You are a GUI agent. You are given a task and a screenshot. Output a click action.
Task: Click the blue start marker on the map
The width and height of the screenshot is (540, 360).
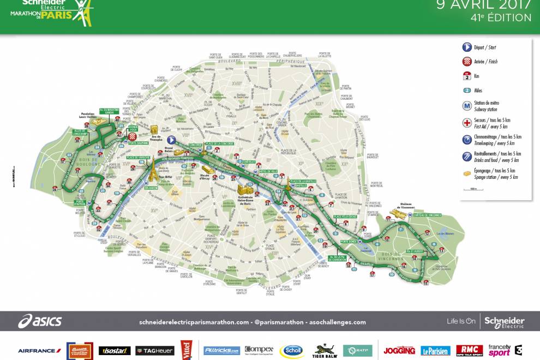tap(171, 140)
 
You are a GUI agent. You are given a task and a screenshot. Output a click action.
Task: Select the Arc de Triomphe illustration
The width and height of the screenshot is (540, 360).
tap(154, 130)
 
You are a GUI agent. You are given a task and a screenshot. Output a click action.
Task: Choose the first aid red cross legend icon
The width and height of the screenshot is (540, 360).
tap(467, 122)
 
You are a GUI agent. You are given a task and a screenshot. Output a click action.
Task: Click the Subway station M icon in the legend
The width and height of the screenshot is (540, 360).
tap(467, 106)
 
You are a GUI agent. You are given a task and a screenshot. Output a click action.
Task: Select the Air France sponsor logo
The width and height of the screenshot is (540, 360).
tap(40, 351)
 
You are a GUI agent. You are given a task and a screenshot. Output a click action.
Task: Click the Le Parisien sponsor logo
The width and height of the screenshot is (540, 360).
tap(435, 351)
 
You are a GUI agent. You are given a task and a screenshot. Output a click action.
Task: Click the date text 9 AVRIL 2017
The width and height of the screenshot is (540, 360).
tap(484, 5)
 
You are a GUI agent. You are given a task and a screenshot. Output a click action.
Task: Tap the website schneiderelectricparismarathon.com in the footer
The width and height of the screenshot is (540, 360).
tap(194, 322)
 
